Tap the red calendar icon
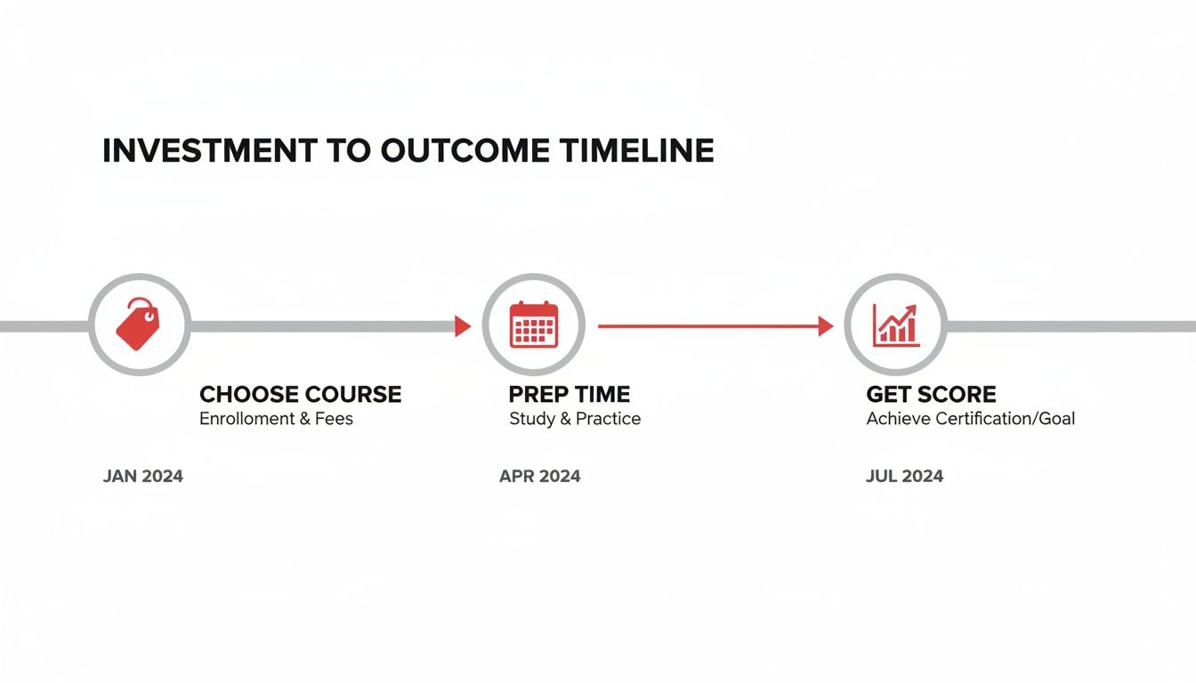click(533, 325)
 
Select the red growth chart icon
click(895, 325)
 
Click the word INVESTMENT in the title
click(208, 151)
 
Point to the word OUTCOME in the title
click(466, 151)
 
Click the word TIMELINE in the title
click(636, 151)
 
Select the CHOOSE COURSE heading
click(300, 394)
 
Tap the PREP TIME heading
click(569, 394)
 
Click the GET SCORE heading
click(931, 394)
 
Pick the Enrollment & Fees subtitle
click(276, 419)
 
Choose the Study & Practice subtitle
click(575, 419)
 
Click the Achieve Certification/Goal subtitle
click(970, 419)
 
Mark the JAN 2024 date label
click(143, 476)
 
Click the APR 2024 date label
click(539, 476)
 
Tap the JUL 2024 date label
click(904, 476)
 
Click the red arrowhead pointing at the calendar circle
click(462, 326)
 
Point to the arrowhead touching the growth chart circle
click(825, 326)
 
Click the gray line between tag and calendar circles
click(320, 326)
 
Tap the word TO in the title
click(348, 151)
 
